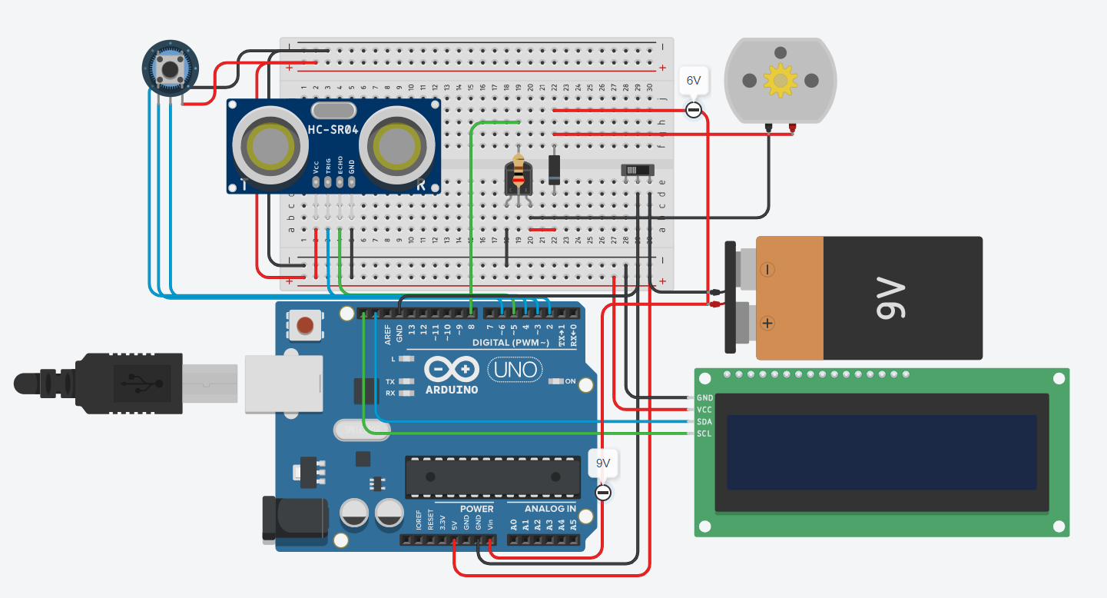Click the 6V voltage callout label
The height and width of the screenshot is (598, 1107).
694,81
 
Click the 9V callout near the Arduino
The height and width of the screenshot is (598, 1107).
603,463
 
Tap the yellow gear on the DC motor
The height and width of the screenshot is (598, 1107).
781,80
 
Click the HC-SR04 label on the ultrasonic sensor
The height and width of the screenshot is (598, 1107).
333,130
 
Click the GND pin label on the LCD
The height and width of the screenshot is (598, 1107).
704,398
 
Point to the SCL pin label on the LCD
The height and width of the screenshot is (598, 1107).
704,434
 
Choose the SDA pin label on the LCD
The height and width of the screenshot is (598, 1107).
704,422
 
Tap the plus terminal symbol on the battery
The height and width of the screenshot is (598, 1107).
767,323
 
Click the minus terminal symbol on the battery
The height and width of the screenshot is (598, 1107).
767,270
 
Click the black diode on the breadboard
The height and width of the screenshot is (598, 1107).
554,168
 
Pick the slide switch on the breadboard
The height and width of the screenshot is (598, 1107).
638,169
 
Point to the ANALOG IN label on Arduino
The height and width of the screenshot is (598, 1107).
550,509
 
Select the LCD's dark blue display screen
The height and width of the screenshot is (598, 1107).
881,452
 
